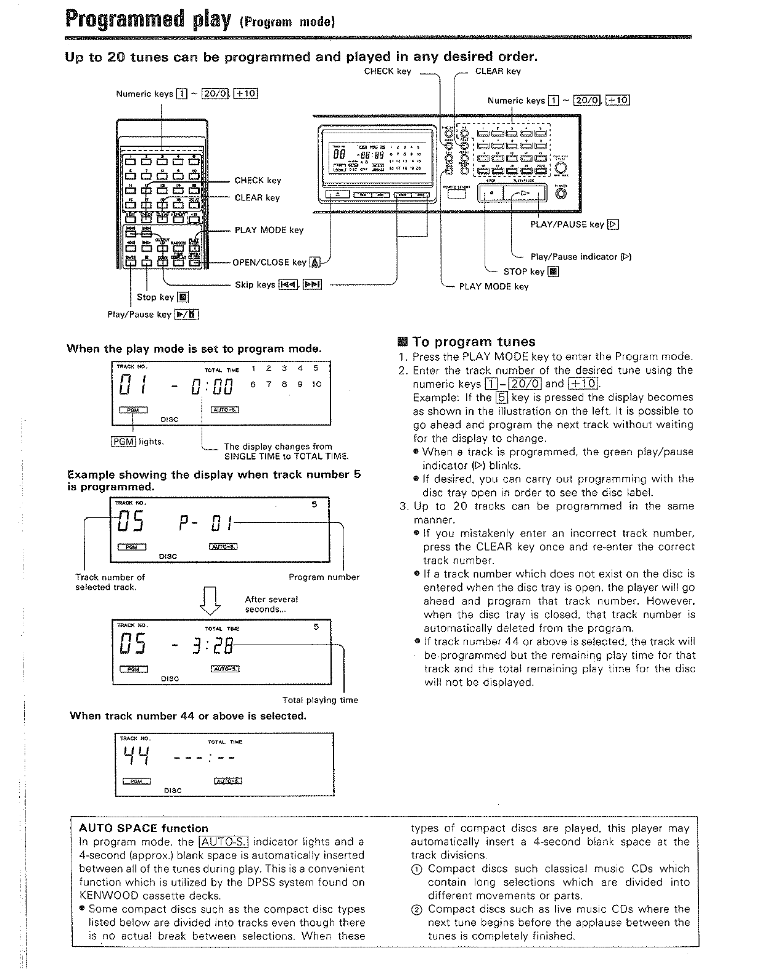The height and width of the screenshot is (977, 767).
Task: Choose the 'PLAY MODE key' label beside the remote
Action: pos(269,230)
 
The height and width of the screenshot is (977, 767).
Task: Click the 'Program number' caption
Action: pos(324,577)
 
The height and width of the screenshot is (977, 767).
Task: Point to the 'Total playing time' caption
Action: pos(320,700)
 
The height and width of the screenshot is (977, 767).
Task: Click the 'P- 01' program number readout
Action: pos(205,525)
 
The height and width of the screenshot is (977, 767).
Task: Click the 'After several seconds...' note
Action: pos(271,604)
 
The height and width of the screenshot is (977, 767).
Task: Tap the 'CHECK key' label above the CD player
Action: pos(387,72)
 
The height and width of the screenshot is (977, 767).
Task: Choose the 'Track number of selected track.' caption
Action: pos(110,582)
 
